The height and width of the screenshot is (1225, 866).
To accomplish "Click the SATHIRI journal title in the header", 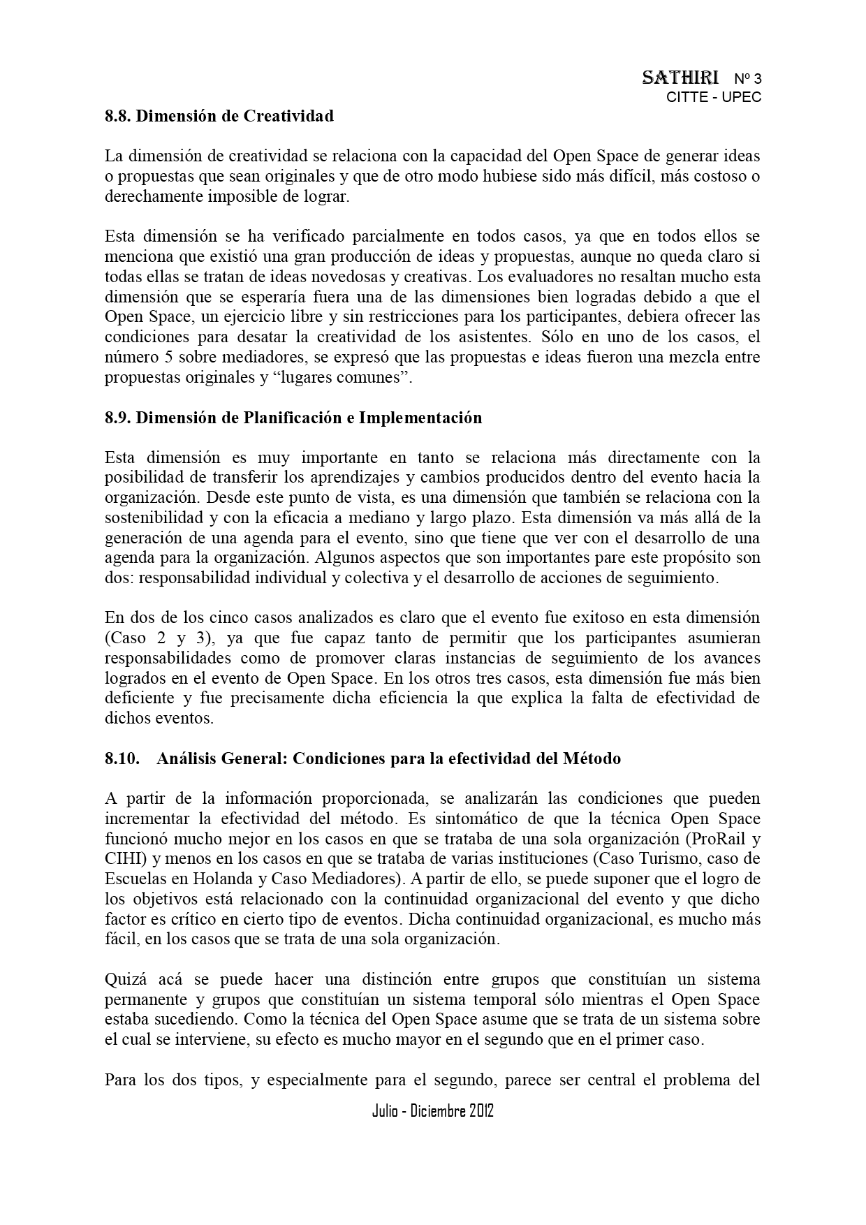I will tap(680, 78).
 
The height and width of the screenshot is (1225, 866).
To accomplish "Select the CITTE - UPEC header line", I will tap(713, 97).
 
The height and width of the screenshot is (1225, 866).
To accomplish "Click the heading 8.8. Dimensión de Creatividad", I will tap(219, 116).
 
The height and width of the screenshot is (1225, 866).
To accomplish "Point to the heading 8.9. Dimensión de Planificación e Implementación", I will tap(293, 418).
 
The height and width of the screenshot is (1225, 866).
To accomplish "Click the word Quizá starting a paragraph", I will tap(123, 979).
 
